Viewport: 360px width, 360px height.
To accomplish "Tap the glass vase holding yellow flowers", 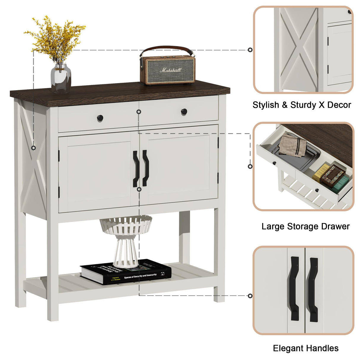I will point(61,79).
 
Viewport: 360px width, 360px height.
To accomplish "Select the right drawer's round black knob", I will point(184,112).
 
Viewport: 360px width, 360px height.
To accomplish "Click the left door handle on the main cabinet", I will point(136,169).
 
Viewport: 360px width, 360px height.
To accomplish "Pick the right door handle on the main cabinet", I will point(145,168).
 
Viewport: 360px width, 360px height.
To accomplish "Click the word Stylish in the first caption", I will point(266,105).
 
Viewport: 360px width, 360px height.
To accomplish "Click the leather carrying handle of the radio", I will point(168,48).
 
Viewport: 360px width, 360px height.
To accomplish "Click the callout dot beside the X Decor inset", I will point(250,50).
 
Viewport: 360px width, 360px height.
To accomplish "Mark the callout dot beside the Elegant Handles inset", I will point(250,296).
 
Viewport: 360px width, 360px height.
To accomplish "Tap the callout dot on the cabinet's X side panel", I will point(34,148).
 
